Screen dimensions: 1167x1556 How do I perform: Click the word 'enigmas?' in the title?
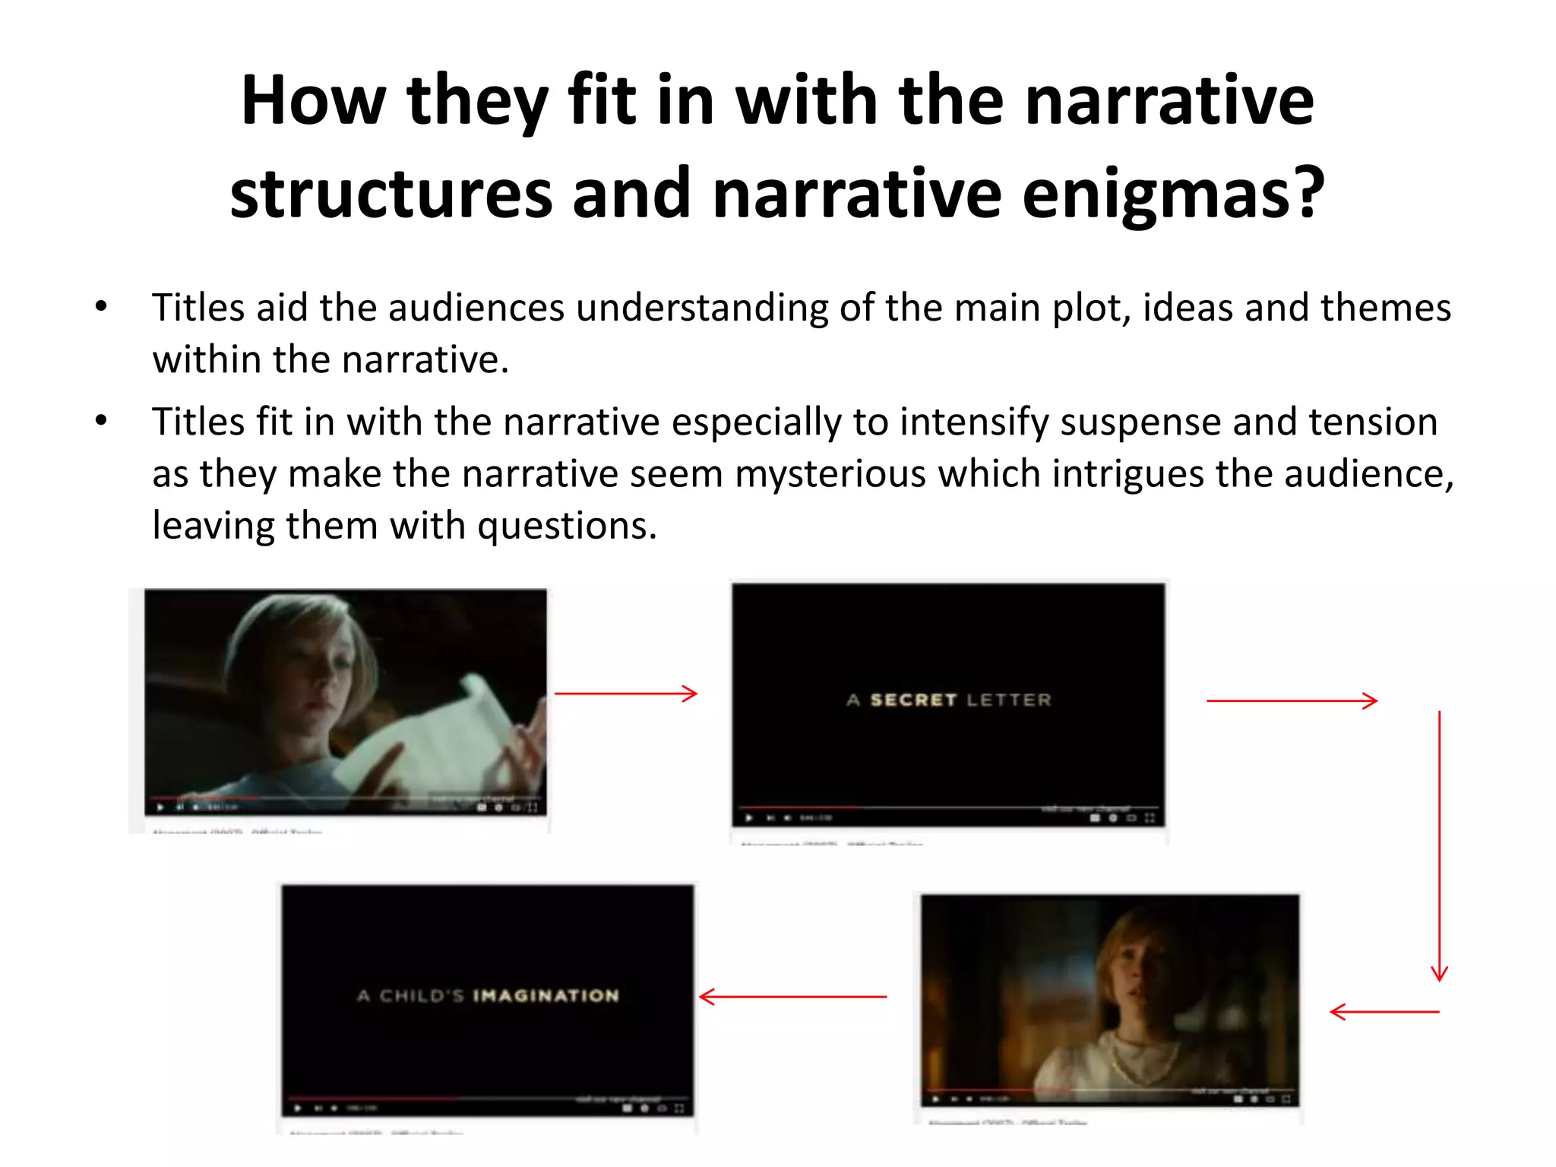point(1173,194)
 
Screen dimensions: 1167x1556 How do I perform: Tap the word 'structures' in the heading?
point(391,194)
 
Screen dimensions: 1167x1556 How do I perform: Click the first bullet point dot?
point(101,307)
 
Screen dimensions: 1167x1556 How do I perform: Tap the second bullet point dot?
point(101,421)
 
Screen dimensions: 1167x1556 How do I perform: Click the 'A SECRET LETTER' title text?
point(948,700)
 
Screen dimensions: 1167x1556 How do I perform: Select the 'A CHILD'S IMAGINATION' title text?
point(488,996)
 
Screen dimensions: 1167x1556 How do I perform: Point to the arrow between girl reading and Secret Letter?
point(626,694)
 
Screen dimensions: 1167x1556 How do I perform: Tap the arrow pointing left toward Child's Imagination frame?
point(792,996)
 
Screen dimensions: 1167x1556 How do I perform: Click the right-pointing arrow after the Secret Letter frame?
point(1292,701)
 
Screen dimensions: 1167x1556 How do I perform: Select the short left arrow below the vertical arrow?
point(1384,1011)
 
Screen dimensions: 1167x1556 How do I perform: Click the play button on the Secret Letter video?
point(749,818)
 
